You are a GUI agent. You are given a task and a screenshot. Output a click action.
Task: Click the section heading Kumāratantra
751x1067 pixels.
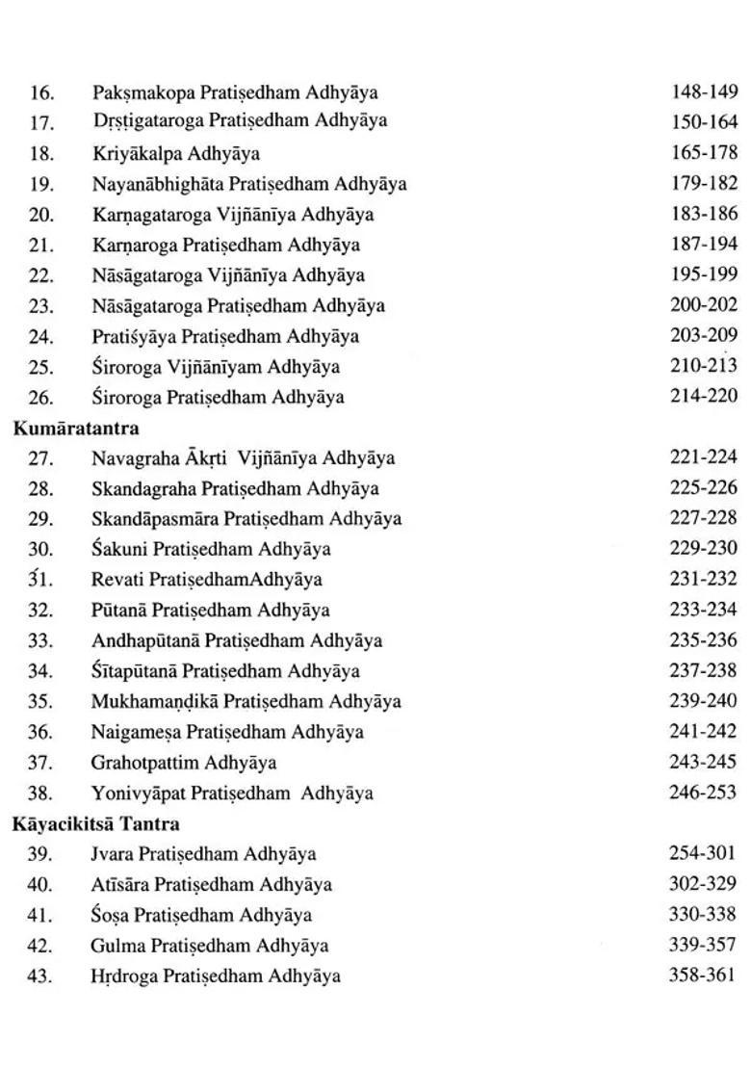coord(76,428)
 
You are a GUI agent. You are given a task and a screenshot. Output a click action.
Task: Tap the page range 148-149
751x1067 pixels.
coord(704,91)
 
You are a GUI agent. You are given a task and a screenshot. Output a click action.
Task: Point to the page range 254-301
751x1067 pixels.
coord(702,853)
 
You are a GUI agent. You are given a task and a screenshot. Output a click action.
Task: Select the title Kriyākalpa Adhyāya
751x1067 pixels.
coord(176,153)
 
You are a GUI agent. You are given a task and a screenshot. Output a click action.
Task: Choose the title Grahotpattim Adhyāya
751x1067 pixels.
coord(184,763)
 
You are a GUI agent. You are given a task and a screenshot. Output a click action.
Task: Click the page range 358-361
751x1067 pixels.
coord(702,975)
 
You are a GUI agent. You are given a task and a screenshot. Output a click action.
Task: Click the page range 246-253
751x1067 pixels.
coord(703,793)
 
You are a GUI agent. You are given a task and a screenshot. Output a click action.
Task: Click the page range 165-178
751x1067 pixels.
coord(704,152)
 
